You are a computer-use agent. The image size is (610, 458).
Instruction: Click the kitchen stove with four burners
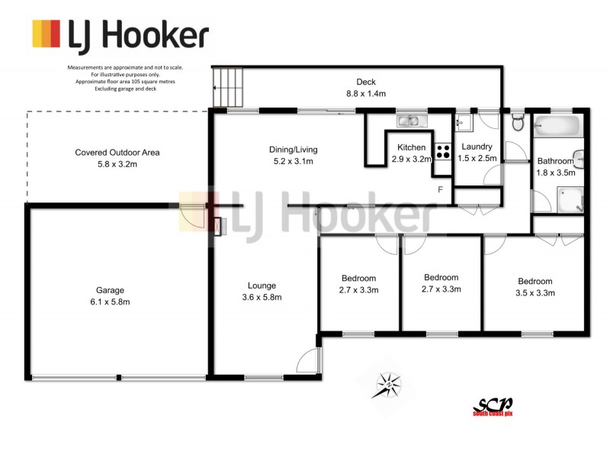pos(442,151)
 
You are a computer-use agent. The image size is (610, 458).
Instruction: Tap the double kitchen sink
pos(413,121)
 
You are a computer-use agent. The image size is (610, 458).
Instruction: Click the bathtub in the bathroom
pos(557,124)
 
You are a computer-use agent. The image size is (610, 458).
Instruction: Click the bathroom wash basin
pos(579,157)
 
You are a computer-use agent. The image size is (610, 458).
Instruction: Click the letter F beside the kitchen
pos(439,189)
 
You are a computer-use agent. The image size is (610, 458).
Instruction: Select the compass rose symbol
pos(388,384)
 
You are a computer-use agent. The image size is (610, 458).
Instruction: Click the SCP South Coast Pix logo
pos(493,406)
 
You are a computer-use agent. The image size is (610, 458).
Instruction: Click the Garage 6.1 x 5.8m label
pos(110,296)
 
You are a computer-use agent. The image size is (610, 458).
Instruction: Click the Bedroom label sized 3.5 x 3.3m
pos(535,287)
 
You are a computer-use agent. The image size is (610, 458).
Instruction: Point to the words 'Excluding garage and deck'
pos(124,89)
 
